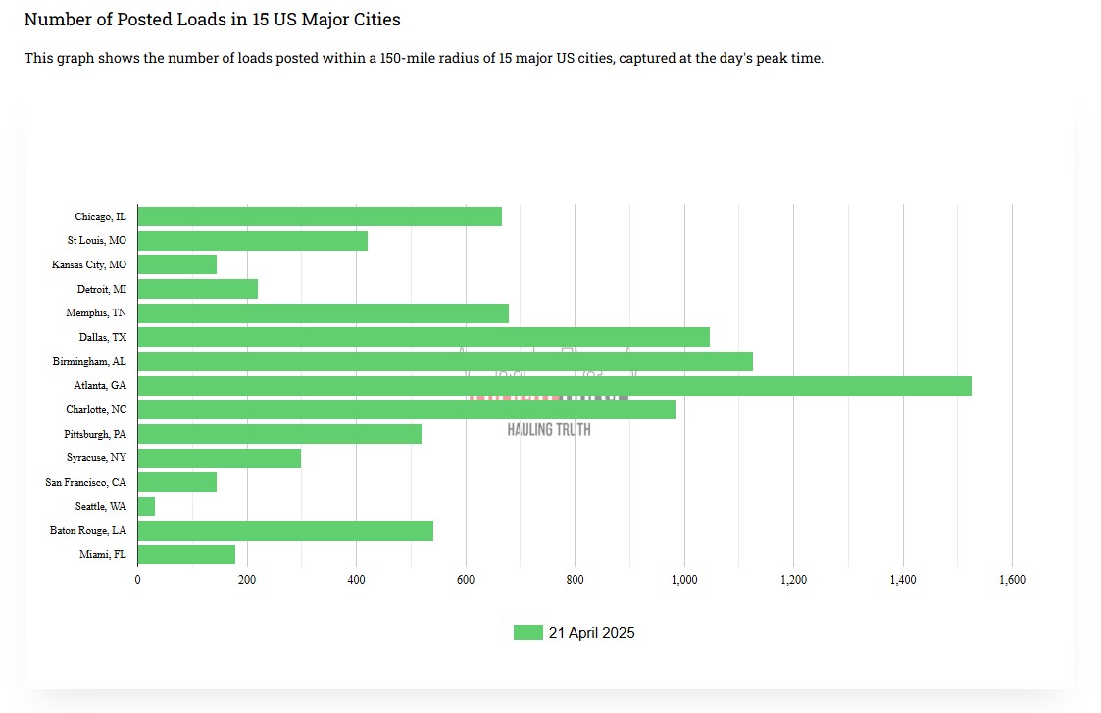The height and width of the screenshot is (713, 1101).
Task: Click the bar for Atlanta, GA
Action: [x=554, y=386]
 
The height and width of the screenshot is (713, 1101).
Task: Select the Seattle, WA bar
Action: [x=146, y=506]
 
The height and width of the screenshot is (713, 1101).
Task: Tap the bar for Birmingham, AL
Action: [x=445, y=361]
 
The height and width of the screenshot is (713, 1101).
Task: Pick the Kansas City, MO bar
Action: [x=177, y=264]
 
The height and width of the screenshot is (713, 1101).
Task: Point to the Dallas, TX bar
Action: [x=424, y=337]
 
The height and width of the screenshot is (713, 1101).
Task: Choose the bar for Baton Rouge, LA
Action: [x=285, y=531]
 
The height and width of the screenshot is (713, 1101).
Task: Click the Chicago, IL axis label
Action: [x=100, y=216]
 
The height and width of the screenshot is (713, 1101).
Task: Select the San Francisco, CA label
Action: [x=85, y=482]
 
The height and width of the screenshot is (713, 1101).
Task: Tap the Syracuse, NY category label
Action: [x=96, y=458]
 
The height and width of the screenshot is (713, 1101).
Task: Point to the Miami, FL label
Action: [x=103, y=554]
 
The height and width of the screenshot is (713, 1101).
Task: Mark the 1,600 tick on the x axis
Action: [x=1012, y=580]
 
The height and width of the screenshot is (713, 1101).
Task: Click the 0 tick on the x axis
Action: [x=137, y=580]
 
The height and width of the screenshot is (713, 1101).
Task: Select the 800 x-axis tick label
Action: [x=575, y=580]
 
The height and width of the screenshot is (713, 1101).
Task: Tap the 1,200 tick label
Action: [x=793, y=580]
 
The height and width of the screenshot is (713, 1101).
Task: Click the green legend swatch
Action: [x=527, y=633]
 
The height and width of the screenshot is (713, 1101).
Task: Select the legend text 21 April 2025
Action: [x=591, y=633]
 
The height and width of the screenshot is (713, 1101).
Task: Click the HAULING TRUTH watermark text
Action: [x=549, y=429]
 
